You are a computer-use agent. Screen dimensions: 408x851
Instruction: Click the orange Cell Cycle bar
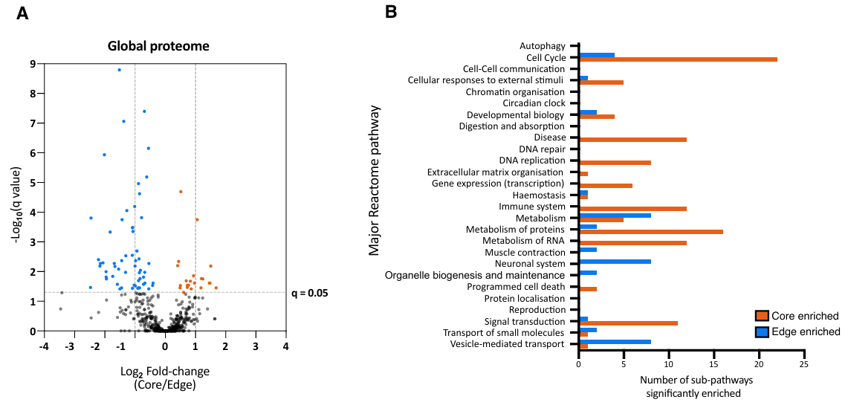coord(678,59)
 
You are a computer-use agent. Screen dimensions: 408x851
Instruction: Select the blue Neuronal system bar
coord(615,261)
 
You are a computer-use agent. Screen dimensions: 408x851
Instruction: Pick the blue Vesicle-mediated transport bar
coord(615,341)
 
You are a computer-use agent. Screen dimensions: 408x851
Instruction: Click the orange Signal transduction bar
coord(628,323)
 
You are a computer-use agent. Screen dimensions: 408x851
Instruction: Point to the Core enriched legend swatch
coord(762,317)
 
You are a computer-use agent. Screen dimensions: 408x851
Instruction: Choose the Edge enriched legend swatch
coord(762,331)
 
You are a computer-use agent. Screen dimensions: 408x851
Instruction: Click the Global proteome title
coord(158,46)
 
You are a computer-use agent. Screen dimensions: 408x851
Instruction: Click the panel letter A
coord(22,13)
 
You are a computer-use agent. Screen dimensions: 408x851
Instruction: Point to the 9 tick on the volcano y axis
coord(33,64)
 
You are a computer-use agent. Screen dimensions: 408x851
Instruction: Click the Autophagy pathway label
coord(543,46)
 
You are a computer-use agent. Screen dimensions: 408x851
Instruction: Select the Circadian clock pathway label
coord(534,103)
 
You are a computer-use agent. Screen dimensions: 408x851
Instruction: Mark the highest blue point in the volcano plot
coord(119,70)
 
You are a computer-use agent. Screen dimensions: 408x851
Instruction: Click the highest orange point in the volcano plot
coord(181,192)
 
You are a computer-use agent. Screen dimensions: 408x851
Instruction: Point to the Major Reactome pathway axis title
coord(375,181)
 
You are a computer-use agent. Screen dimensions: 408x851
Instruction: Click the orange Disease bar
coord(632,140)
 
